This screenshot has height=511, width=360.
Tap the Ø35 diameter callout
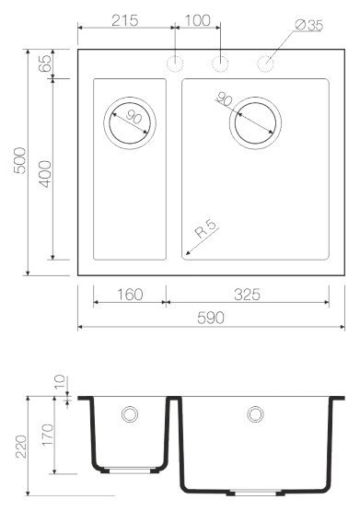click(308, 27)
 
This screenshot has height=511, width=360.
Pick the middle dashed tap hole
click(220, 64)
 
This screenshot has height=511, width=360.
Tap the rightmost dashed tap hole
click(265, 64)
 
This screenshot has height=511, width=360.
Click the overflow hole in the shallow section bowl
click(130, 413)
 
